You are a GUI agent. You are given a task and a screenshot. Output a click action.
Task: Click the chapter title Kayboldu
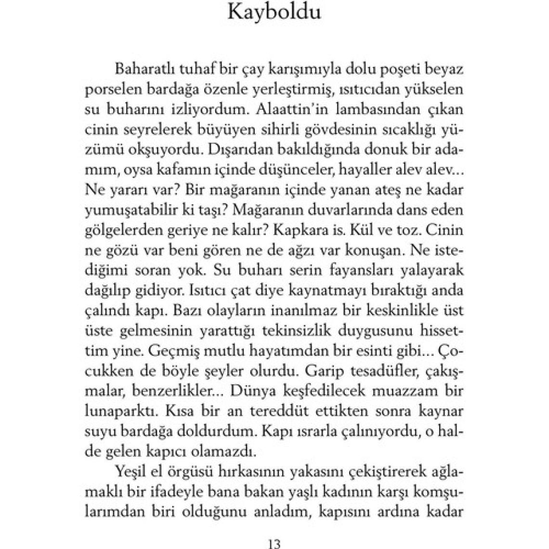274,12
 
